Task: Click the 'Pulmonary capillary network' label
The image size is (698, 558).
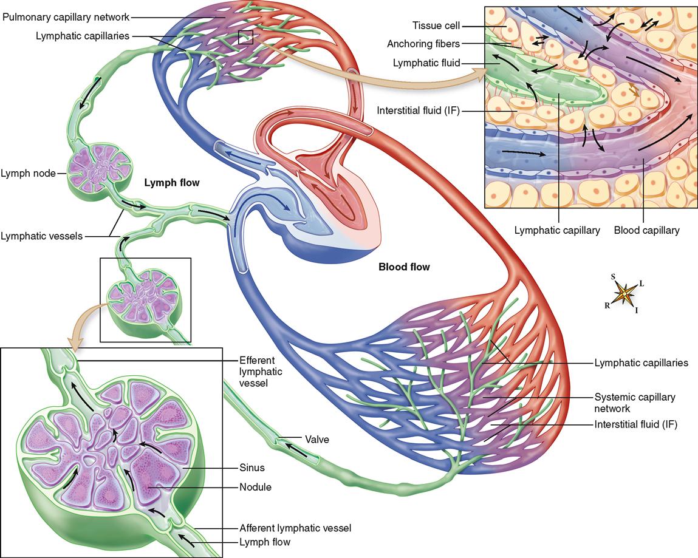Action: coord(66,18)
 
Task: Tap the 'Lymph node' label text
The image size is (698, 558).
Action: coord(28,173)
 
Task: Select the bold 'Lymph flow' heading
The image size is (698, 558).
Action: coord(172,182)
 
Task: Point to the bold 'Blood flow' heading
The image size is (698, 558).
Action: coord(404,267)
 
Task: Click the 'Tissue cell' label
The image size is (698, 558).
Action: coord(436,26)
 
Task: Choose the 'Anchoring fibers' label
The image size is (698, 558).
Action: coord(423,44)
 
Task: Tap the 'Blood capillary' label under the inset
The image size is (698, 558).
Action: coord(646,230)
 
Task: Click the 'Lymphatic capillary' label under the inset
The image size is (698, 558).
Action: coord(557,230)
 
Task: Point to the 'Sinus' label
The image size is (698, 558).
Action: coord(252,468)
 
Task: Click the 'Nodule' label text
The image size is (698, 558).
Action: coord(255,487)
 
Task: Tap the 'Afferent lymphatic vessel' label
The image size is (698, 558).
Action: coord(295,528)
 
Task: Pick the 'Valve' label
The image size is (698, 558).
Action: coord(317,440)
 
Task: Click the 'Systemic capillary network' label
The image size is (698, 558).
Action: coord(635,403)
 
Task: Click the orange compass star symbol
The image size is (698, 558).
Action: coord(624,294)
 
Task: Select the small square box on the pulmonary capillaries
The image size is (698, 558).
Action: coord(245,38)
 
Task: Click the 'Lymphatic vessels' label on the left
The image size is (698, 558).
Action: coord(41,236)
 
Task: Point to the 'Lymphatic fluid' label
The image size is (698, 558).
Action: coord(426,63)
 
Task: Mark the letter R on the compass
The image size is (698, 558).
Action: coord(607,306)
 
